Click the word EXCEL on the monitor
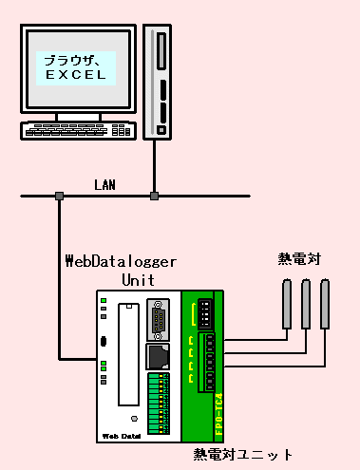pos(75,74)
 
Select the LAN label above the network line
pos(104,184)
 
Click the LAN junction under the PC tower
pos(154,197)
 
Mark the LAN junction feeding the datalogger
pos(59,197)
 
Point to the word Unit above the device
pos(138,280)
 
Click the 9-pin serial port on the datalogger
pos(158,321)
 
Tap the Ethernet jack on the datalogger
pos(158,355)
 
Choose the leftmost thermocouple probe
pos(285,303)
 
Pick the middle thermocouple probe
pos(305,303)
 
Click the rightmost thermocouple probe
pos(326,303)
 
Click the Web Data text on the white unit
pos(122,435)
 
